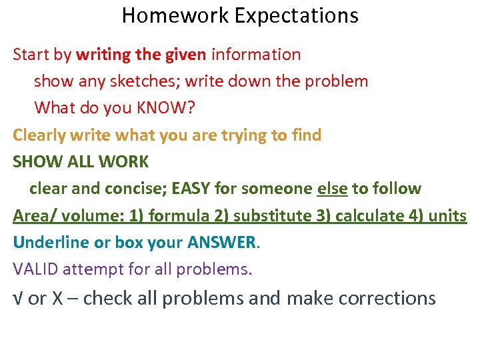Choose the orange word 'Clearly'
tap(39, 135)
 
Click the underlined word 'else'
tap(332, 189)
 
